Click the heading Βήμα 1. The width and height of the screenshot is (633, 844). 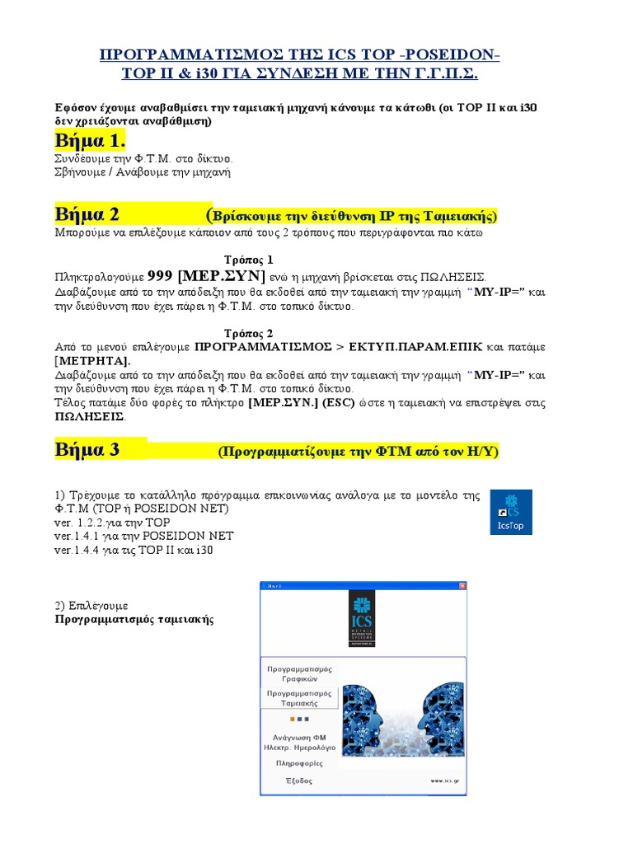(x=90, y=137)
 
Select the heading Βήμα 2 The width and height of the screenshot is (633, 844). (x=87, y=215)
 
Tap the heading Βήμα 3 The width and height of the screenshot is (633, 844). (x=87, y=450)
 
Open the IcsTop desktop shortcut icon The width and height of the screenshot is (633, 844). (x=511, y=512)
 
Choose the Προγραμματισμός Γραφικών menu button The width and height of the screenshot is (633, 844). (x=298, y=674)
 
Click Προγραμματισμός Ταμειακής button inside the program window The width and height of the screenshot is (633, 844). (x=298, y=699)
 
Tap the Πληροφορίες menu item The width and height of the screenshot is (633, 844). (x=298, y=763)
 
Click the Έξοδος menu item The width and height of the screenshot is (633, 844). (x=298, y=781)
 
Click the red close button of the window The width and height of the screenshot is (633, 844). (x=462, y=586)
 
